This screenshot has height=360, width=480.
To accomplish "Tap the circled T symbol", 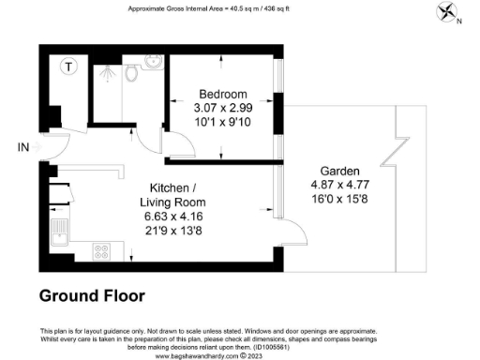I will click(x=68, y=66).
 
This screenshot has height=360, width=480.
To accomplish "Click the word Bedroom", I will click(x=222, y=94).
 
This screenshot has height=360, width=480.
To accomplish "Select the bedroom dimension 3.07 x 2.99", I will click(x=222, y=107).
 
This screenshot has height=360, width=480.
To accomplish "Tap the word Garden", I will click(x=338, y=172).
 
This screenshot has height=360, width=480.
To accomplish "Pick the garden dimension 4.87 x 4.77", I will click(x=338, y=186).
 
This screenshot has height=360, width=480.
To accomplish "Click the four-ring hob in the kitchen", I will click(x=101, y=250).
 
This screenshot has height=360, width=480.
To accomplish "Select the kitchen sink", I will click(x=59, y=231).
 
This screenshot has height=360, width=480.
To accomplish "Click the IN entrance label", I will click(x=23, y=147).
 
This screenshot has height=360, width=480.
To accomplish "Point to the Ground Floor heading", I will click(x=92, y=296).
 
